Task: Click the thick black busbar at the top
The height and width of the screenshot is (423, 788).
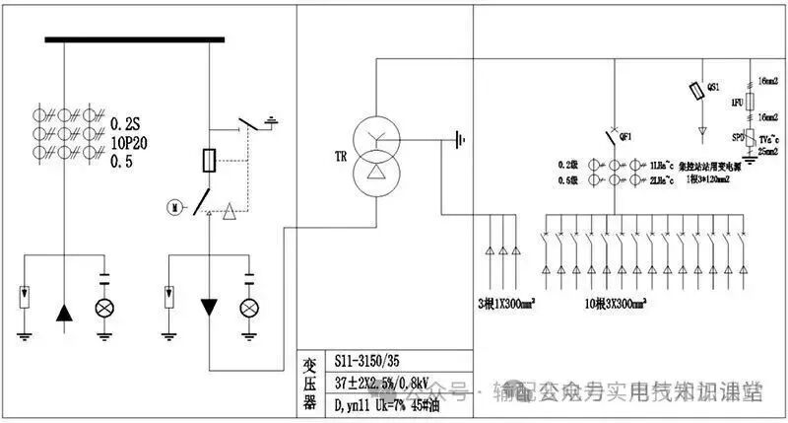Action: click(x=135, y=39)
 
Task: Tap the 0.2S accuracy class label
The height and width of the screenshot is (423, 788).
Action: click(x=126, y=124)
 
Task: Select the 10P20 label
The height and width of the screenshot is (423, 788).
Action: click(x=129, y=142)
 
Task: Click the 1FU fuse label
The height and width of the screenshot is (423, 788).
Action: click(x=736, y=103)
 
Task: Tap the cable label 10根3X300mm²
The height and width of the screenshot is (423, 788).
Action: click(x=613, y=300)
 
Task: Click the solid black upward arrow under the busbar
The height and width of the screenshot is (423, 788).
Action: click(x=64, y=312)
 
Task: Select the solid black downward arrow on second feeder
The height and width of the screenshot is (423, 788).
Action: click(x=209, y=307)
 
